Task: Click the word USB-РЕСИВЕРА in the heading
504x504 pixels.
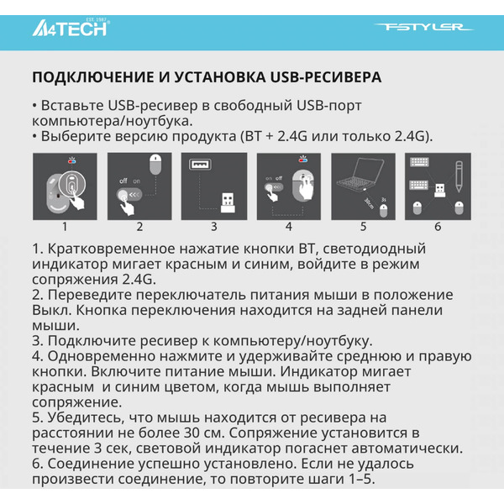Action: click(325, 77)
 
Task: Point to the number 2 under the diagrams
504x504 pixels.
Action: click(139, 226)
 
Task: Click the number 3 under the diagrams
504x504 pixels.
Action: click(213, 226)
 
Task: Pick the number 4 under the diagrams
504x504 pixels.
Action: click(288, 226)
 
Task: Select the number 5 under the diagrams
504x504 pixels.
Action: click(363, 226)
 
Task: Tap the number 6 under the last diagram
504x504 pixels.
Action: click(438, 226)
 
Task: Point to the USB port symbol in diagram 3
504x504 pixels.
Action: click(199, 166)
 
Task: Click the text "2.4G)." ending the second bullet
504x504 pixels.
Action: click(419, 135)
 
